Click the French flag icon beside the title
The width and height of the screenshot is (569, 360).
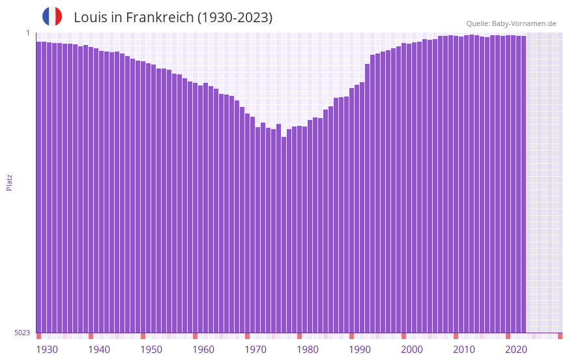tap(52, 16)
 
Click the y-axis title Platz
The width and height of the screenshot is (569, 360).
tap(9, 182)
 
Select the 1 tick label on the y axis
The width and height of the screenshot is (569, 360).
tap(28, 33)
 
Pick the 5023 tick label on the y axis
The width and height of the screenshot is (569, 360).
tap(22, 333)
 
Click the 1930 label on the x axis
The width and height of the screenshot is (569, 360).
tap(47, 350)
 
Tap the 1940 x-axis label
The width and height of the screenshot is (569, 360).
tap(99, 350)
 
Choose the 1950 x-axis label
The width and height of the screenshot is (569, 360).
tap(151, 350)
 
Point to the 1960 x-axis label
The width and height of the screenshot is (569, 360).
tap(203, 350)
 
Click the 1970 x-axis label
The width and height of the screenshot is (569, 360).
tap(255, 350)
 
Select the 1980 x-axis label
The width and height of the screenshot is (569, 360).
tap(308, 350)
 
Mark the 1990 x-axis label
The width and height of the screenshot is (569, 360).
tap(360, 350)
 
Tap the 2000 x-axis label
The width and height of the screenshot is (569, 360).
tap(412, 350)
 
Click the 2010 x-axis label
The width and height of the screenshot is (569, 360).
tap(464, 350)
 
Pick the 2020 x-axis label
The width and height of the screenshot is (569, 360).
tap(516, 350)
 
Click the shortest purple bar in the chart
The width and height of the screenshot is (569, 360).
tap(284, 235)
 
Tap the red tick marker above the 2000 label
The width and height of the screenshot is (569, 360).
tap(403, 336)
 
